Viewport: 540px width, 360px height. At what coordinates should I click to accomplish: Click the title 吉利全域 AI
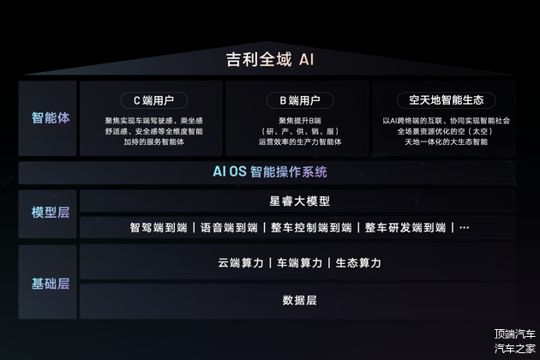270,59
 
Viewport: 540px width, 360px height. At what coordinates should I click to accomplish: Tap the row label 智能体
51,117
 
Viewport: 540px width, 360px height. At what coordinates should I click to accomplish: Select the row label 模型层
51,213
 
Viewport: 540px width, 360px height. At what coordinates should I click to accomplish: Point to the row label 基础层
51,284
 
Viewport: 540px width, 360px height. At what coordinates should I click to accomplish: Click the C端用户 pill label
153,100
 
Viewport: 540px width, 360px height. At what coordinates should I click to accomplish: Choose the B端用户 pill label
300,100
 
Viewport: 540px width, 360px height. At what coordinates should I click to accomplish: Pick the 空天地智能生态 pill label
447,100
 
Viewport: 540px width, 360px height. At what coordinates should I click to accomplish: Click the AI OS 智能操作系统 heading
270,171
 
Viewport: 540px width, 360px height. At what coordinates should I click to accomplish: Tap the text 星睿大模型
300,201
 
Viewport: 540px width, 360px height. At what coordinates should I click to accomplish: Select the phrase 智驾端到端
159,228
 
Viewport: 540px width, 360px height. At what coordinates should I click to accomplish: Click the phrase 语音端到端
229,228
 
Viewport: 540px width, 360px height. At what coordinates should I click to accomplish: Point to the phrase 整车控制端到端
311,228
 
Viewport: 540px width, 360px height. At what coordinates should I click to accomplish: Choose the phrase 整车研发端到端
405,228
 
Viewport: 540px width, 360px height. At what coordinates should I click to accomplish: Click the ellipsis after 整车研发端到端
465,228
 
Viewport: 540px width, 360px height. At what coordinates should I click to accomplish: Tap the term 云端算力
241,263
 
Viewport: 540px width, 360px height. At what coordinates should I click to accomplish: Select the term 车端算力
300,263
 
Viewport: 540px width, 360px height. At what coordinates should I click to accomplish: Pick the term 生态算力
358,263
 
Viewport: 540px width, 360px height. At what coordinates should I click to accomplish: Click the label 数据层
300,300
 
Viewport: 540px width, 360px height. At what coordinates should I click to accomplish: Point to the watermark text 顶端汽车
515,333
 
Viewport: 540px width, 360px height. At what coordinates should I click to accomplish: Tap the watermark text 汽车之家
515,348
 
